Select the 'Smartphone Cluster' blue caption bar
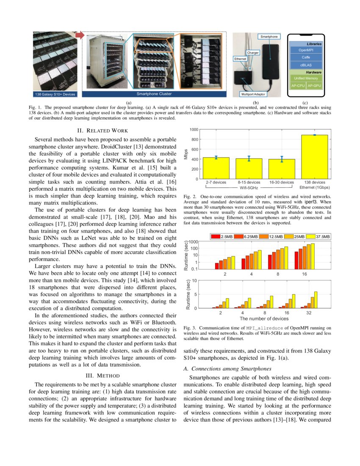coord(154,94)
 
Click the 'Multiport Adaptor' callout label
coord(253,94)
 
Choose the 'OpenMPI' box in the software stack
coord(306,50)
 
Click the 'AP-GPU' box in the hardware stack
coord(314,86)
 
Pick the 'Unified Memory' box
coord(306,78)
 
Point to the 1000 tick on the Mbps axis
coord(193,130)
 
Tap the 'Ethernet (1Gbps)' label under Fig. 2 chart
coord(315,187)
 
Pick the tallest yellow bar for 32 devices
coord(316,300)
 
